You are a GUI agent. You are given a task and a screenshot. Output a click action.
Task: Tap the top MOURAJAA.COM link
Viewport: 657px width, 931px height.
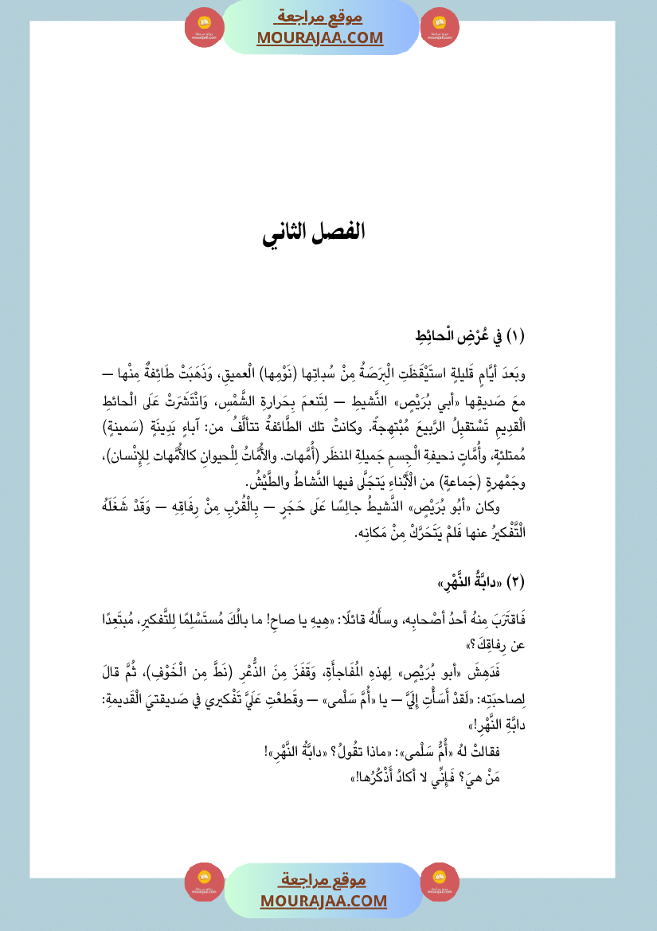tap(319, 37)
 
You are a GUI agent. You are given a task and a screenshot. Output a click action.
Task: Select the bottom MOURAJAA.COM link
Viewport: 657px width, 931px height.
tap(323, 901)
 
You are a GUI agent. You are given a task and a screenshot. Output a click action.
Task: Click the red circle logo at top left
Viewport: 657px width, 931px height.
tap(204, 28)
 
